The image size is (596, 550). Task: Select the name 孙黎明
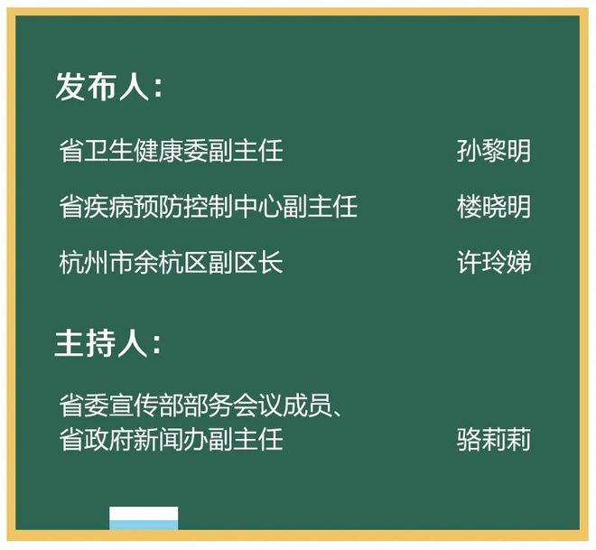[493, 151]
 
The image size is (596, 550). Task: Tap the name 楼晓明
[493, 207]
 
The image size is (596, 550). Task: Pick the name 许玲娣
[493, 263]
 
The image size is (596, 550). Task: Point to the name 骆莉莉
[493, 440]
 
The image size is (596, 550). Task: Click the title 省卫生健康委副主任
[171, 151]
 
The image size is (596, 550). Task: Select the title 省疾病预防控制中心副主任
[208, 207]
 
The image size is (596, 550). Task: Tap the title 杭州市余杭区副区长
[171, 263]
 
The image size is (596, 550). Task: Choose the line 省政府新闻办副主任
[171, 440]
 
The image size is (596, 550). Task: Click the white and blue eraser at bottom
[144, 518]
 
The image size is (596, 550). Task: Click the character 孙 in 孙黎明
[468, 151]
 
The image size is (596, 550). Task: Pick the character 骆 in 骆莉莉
[468, 440]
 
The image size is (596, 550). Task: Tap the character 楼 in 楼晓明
[468, 207]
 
